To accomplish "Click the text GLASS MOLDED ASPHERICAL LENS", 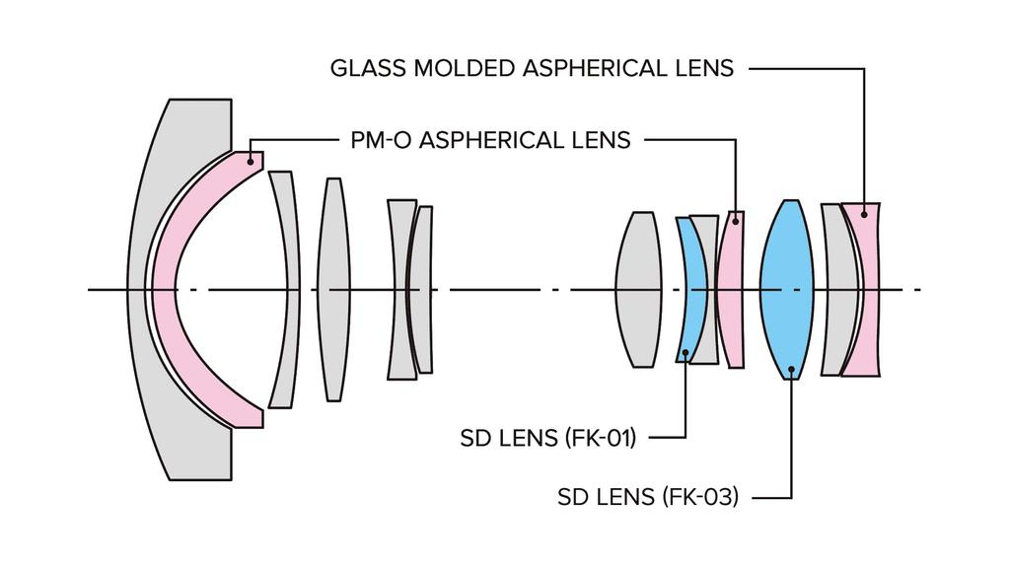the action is [x=532, y=68].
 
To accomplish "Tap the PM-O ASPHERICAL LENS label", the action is [x=490, y=140].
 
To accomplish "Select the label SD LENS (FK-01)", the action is [x=548, y=438].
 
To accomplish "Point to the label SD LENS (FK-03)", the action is [x=648, y=497].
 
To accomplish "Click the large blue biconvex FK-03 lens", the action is [x=786, y=289].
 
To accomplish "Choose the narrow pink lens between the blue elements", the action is [x=731, y=289].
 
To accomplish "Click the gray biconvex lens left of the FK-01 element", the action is [x=638, y=289].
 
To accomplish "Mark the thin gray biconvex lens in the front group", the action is [x=333, y=289].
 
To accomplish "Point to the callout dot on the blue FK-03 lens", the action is [x=792, y=370].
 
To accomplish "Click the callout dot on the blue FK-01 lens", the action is [x=686, y=352].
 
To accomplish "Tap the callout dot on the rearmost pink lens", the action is [x=864, y=215].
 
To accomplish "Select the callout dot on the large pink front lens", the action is [x=250, y=161].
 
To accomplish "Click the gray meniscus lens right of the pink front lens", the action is [x=284, y=289].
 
